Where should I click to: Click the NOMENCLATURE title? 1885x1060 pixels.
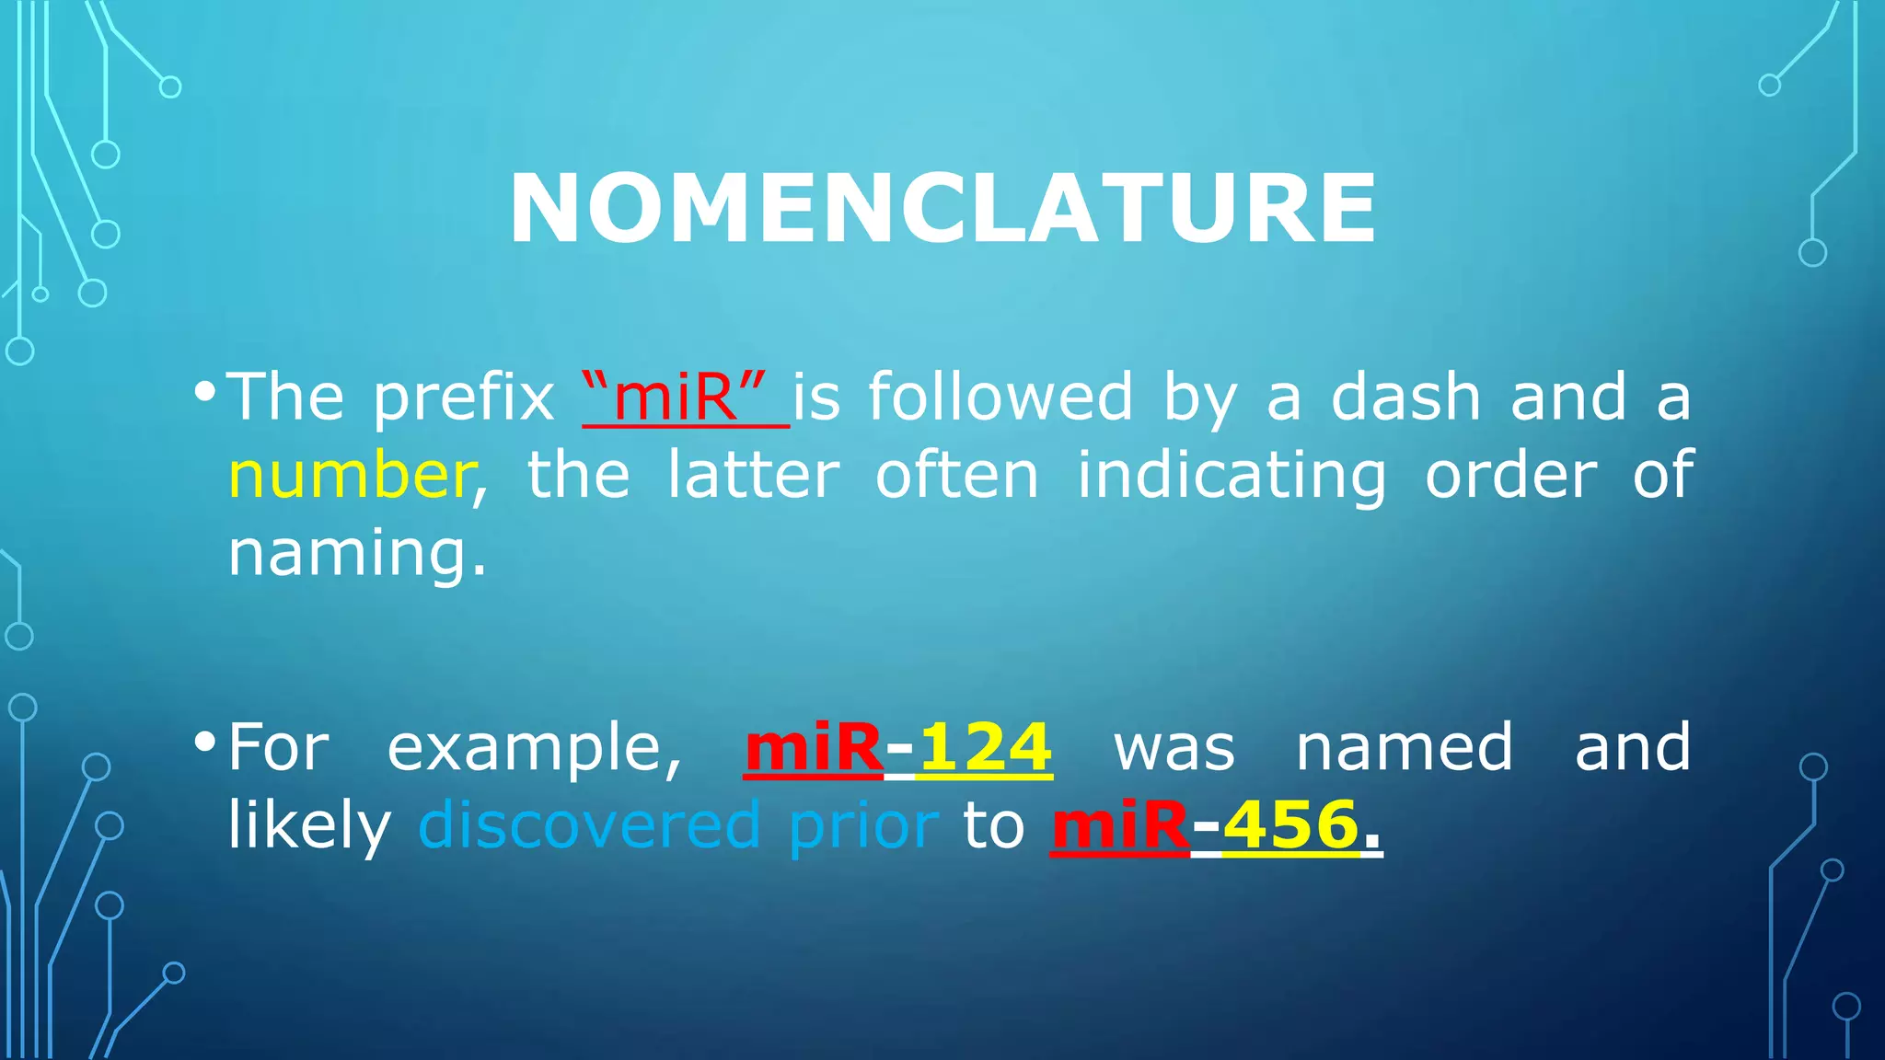[942, 209]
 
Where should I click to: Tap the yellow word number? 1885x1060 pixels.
[351, 476]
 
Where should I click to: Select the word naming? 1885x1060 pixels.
[355, 555]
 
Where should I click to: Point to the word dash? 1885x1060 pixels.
[1405, 397]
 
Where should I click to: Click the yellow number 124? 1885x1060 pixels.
[985, 747]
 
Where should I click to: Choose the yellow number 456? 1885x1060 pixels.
[1290, 825]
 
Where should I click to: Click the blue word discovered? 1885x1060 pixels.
[589, 825]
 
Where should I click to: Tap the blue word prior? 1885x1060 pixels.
[863, 825]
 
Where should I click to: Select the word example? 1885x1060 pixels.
[534, 747]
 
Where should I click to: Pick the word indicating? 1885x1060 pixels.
[1232, 476]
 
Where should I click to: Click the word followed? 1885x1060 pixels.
[1000, 397]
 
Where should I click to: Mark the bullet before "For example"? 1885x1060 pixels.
[205, 742]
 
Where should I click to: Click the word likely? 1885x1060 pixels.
[309, 825]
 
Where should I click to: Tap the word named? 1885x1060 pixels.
[1404, 747]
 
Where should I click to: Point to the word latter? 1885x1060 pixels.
[753, 476]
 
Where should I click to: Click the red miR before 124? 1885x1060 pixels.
[814, 747]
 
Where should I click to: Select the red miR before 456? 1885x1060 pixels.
[1119, 825]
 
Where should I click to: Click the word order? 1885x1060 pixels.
[1510, 476]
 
